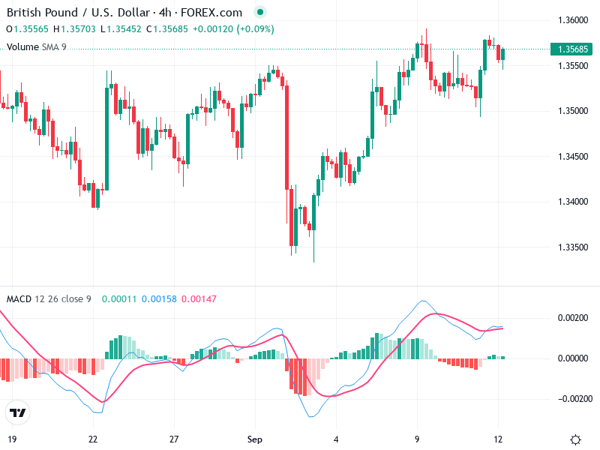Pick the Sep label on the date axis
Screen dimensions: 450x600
tap(255, 439)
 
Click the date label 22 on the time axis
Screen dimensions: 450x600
tap(93, 439)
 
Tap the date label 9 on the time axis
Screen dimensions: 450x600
tap(417, 439)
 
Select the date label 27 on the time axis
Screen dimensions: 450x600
tap(174, 439)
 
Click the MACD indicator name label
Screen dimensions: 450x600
tap(19, 299)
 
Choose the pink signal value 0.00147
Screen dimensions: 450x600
tap(199, 299)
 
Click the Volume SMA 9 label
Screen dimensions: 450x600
tap(37, 46)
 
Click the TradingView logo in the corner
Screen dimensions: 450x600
tap(17, 412)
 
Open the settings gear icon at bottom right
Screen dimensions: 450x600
tap(576, 439)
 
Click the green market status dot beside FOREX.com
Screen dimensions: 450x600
tap(259, 13)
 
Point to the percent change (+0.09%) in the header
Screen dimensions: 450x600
tap(255, 29)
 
